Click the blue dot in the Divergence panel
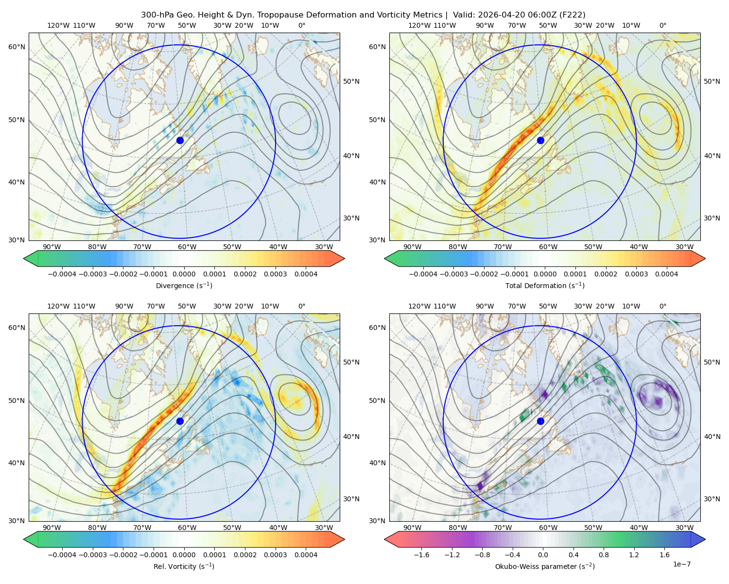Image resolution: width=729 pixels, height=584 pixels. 180,140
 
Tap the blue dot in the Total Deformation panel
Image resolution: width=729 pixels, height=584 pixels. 540,140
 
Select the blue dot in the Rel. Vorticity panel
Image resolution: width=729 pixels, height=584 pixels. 180,421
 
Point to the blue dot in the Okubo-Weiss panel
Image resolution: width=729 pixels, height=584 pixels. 540,421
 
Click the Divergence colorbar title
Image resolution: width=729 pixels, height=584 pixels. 184,285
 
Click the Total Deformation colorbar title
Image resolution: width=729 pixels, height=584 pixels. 545,285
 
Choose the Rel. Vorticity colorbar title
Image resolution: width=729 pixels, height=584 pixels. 184,566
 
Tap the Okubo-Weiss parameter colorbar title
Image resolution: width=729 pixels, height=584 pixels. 545,566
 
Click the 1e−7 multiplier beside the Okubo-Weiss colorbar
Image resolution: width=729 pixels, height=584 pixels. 681,564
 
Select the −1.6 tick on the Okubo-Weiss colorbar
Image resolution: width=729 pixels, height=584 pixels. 421,554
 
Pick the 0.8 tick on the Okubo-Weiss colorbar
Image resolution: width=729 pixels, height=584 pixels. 604,554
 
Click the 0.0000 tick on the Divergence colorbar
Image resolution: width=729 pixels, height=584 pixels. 184,274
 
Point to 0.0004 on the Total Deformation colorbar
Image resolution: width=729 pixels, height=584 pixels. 667,274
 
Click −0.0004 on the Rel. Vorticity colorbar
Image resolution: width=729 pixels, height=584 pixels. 62,554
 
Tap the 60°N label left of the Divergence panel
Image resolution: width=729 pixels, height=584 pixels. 17,47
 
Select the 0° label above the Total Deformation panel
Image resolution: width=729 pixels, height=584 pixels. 662,25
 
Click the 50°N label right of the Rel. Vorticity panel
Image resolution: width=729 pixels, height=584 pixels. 351,362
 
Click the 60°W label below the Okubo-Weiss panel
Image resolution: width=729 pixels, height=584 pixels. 548,528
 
